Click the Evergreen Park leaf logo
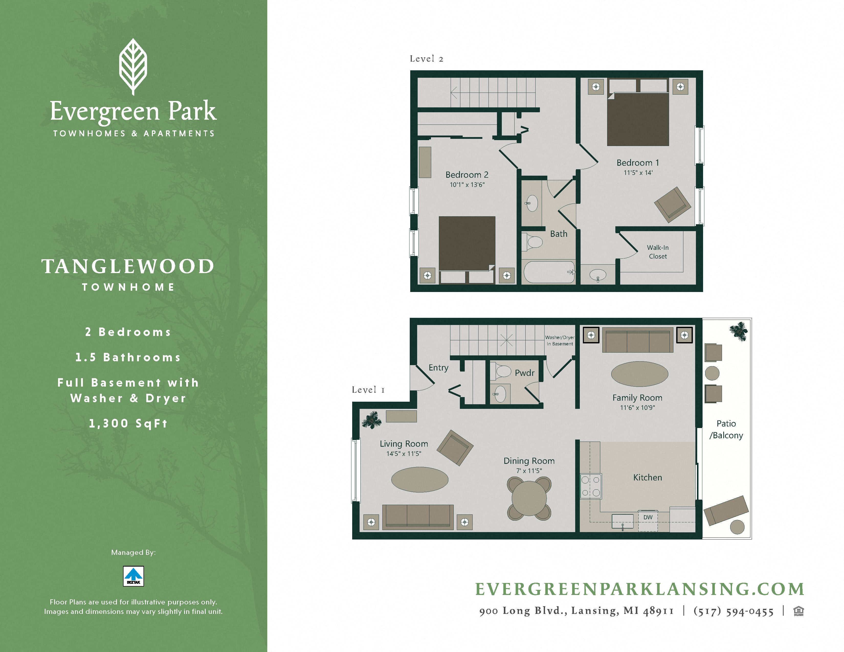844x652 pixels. coord(133,66)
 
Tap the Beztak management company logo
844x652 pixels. coord(133,576)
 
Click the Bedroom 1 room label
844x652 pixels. coord(638,163)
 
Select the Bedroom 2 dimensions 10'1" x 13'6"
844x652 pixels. coord(467,185)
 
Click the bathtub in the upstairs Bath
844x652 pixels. coord(548,272)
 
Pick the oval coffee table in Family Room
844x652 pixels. coord(639,374)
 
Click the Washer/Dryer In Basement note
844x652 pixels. coord(560,340)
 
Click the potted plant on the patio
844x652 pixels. coord(739,331)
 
